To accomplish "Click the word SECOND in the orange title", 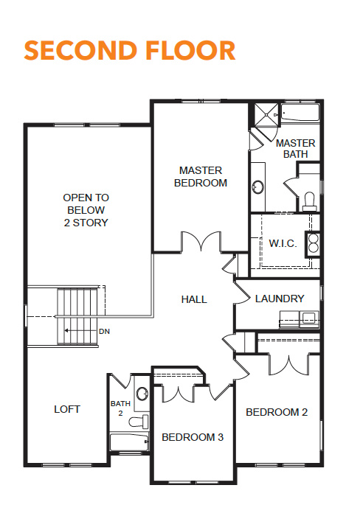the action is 80,50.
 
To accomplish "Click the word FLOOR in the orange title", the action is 190,50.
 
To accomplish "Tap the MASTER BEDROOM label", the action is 201,177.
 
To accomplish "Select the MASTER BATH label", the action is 295,148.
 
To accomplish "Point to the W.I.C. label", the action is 283,243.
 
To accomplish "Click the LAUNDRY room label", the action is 280,299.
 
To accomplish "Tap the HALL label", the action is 194,299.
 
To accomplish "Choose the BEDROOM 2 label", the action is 277,412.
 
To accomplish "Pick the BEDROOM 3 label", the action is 193,437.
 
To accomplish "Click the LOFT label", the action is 67,409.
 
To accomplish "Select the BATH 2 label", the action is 120,408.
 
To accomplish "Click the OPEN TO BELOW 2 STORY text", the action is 86,210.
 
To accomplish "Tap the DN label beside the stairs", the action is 105,332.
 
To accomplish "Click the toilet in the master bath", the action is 309,201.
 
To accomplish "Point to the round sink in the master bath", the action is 258,186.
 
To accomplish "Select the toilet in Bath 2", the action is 139,422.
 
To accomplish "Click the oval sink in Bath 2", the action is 142,394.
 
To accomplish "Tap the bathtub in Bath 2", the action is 129,442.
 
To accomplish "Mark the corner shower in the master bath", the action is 266,115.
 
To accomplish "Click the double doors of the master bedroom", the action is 201,241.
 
